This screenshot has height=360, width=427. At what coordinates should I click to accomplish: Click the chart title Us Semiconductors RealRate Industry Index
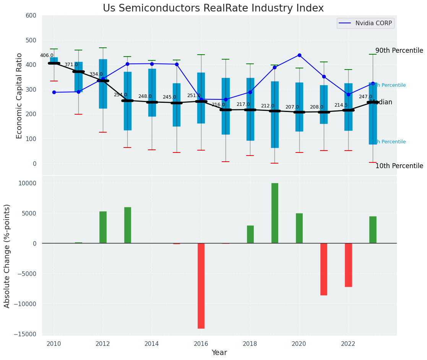click(213, 8)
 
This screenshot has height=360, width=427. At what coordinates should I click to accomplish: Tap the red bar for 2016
click(201, 286)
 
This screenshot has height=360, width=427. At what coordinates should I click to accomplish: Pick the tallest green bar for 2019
click(275, 213)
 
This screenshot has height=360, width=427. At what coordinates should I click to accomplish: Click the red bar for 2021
click(324, 269)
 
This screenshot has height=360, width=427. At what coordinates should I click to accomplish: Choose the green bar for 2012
click(103, 227)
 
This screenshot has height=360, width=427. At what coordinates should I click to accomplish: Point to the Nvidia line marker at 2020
click(299, 55)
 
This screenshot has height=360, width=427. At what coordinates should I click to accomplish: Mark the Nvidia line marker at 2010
click(54, 92)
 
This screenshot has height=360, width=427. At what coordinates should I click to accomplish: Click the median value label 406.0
click(47, 55)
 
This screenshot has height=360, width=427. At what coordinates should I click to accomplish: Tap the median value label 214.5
click(341, 105)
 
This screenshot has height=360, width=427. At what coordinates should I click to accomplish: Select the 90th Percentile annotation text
click(399, 51)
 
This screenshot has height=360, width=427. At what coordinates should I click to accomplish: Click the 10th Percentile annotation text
click(399, 166)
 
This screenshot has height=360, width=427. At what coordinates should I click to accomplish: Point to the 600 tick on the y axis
click(31, 16)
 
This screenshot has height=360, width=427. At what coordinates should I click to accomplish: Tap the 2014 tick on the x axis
click(152, 344)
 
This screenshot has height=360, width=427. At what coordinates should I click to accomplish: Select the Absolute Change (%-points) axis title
click(7, 256)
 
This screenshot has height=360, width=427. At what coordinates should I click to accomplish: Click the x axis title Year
click(219, 353)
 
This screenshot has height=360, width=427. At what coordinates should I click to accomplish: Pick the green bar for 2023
click(373, 230)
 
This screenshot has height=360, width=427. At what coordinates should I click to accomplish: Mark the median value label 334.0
click(96, 74)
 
